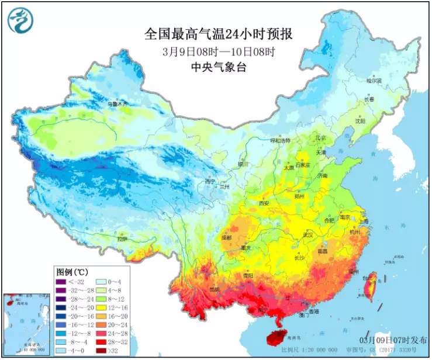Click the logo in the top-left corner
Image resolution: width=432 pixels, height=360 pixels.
pyautogui.click(x=20, y=20)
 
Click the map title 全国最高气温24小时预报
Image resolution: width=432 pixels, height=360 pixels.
pyautogui.click(x=219, y=34)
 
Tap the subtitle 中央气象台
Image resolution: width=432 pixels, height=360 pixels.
pyautogui.click(x=219, y=67)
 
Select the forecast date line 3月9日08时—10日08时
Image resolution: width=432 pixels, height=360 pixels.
pyautogui.click(x=219, y=51)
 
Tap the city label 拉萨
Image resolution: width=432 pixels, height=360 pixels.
pyautogui.click(x=122, y=238)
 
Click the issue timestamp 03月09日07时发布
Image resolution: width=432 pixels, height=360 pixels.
pyautogui.click(x=392, y=340)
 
